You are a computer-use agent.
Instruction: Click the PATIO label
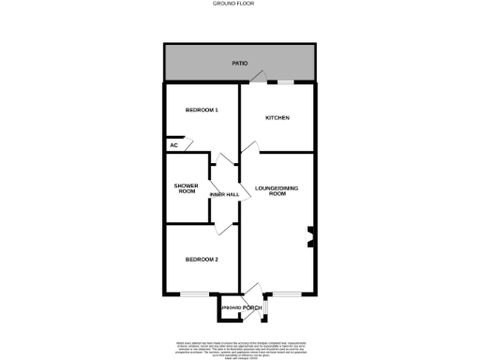[x=240, y=63]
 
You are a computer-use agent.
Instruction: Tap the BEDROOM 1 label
[x=202, y=111]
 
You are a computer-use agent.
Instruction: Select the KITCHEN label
[x=277, y=118]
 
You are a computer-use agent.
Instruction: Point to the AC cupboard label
[x=173, y=145]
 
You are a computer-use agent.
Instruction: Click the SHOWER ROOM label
[x=186, y=189]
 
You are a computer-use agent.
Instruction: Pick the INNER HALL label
[x=224, y=194]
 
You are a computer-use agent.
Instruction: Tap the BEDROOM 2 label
[x=202, y=259]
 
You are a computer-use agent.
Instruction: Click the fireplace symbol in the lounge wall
[x=310, y=238]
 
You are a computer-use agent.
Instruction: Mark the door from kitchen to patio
[x=264, y=78]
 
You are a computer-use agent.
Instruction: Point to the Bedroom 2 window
[x=195, y=295]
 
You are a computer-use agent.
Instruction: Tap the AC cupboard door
[x=187, y=143]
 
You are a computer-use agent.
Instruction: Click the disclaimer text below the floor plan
[x=240, y=346]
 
